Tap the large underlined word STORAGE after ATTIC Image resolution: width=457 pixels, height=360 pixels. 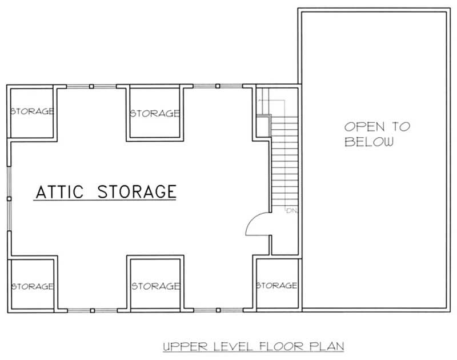coord(137,191)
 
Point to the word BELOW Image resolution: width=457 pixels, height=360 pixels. coord(368,142)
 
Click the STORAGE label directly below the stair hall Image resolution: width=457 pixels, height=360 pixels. coord(276,285)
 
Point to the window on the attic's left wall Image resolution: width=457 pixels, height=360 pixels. coord(9,198)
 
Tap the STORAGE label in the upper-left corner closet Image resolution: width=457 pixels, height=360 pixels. coord(33,111)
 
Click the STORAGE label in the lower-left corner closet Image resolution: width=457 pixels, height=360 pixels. coord(33,286)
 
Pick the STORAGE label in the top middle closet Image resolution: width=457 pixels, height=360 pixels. coord(155,113)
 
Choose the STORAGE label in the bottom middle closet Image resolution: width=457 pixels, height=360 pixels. coord(155,286)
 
